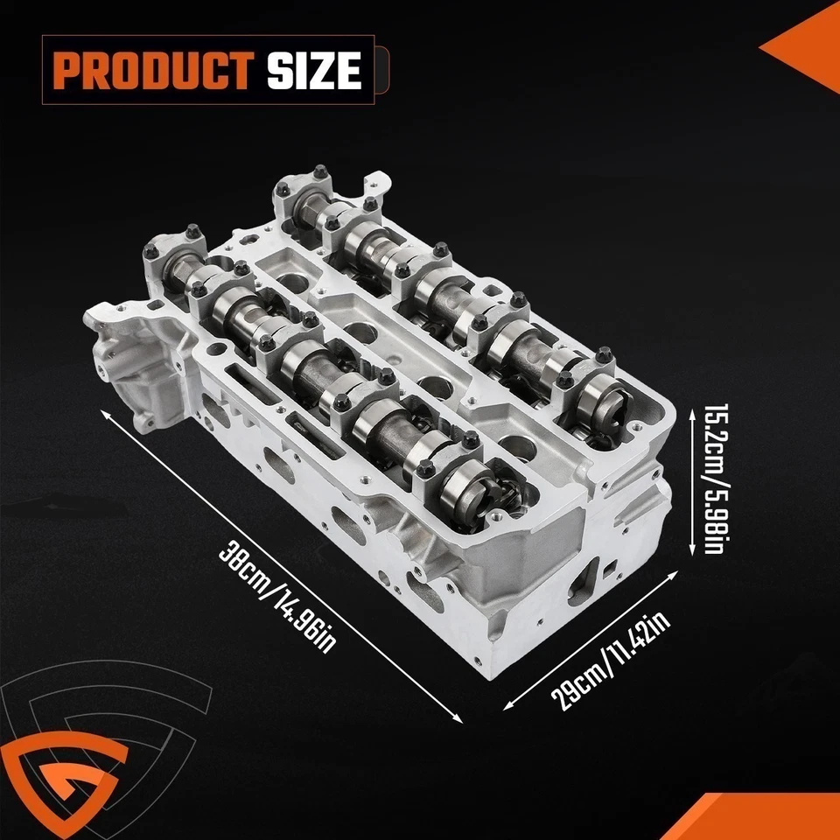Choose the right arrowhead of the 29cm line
pos(678,570)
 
